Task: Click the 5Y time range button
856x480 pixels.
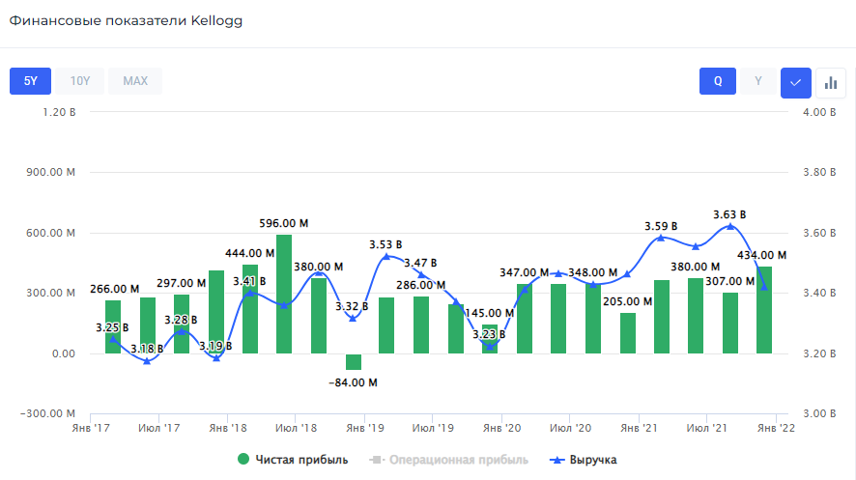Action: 30,81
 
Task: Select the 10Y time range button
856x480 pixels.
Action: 80,81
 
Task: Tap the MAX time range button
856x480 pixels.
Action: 135,81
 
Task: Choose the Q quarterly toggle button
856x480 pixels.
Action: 718,81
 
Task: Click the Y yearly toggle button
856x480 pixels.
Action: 758,81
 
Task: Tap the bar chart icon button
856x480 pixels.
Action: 830,82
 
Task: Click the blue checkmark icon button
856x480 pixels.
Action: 795,82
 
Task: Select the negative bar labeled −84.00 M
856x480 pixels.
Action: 353,362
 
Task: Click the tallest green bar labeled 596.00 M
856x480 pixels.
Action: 284,294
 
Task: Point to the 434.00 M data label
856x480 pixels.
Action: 761,255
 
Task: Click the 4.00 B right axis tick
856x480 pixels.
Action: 821,113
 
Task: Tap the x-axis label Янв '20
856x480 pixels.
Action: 501,427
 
